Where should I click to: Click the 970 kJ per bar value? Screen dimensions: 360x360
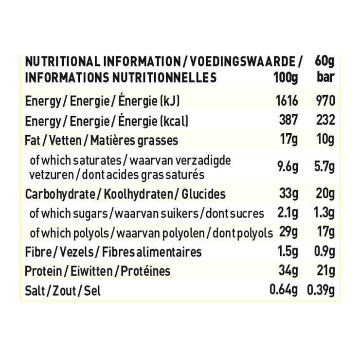pos(324,101)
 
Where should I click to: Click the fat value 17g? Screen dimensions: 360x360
pos(289,141)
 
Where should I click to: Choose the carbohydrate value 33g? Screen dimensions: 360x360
pos(288,194)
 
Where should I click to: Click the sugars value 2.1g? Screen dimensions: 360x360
pos(288,213)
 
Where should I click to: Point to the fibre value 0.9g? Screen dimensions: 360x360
pos(323,252)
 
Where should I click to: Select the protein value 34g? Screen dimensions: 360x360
pos(288,271)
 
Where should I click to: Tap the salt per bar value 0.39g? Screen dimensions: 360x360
pos(321,290)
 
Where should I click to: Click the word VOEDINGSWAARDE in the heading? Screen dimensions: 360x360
pos(242,62)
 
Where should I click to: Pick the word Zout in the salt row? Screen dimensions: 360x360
pos(63,290)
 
